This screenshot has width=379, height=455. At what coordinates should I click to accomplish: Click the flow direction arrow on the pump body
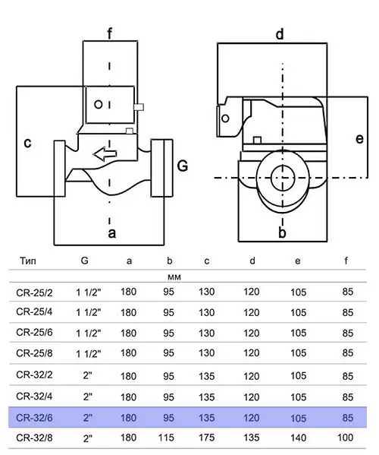click(x=105, y=153)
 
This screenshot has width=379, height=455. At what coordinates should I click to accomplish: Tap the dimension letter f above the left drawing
click(x=109, y=34)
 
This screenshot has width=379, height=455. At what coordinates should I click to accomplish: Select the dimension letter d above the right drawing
click(x=280, y=34)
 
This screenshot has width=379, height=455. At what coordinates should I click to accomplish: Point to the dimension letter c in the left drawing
click(x=27, y=143)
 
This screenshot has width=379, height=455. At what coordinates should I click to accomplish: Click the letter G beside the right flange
click(x=183, y=166)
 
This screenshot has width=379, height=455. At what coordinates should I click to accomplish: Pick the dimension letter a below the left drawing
click(x=111, y=233)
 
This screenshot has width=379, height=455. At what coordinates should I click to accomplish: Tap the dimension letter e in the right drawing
click(x=359, y=139)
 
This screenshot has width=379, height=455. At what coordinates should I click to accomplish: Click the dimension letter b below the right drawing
click(x=282, y=232)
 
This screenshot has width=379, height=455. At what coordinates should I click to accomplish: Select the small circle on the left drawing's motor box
click(x=99, y=104)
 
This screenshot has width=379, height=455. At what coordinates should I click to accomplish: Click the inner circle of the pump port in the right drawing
click(x=283, y=179)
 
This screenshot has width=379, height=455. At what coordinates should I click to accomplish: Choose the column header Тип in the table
click(x=28, y=261)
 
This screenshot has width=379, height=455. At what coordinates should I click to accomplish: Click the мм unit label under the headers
click(x=174, y=277)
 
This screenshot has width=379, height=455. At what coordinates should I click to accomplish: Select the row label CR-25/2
click(x=34, y=292)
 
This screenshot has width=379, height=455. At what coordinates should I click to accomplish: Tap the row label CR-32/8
click(x=34, y=438)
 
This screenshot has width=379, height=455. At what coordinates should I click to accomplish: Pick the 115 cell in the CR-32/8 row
click(x=166, y=438)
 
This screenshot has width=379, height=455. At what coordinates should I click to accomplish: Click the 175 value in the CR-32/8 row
click(x=206, y=438)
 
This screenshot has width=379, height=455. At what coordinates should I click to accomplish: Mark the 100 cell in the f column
click(x=345, y=438)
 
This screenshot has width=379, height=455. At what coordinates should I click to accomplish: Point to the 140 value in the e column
click(x=298, y=438)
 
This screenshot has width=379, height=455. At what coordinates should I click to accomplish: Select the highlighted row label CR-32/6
click(x=34, y=418)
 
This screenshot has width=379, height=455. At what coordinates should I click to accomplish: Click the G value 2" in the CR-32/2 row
click(x=87, y=375)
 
